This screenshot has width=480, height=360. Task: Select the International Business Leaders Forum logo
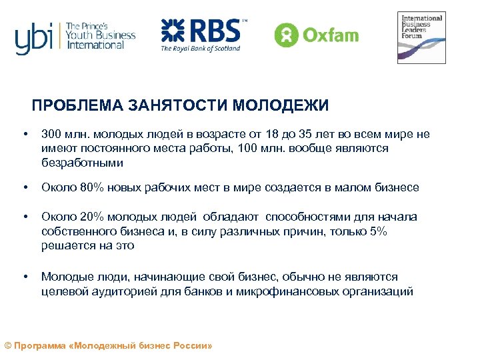[x=421, y=37]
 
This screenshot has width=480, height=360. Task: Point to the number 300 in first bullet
[x=51, y=134]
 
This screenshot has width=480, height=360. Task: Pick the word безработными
[x=82, y=163]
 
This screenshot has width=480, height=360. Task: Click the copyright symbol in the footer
[x=7, y=346]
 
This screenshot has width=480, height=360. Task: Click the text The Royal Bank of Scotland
[x=200, y=48]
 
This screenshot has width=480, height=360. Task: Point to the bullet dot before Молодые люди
[x=25, y=277]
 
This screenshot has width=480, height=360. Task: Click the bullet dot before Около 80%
[x=25, y=187]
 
